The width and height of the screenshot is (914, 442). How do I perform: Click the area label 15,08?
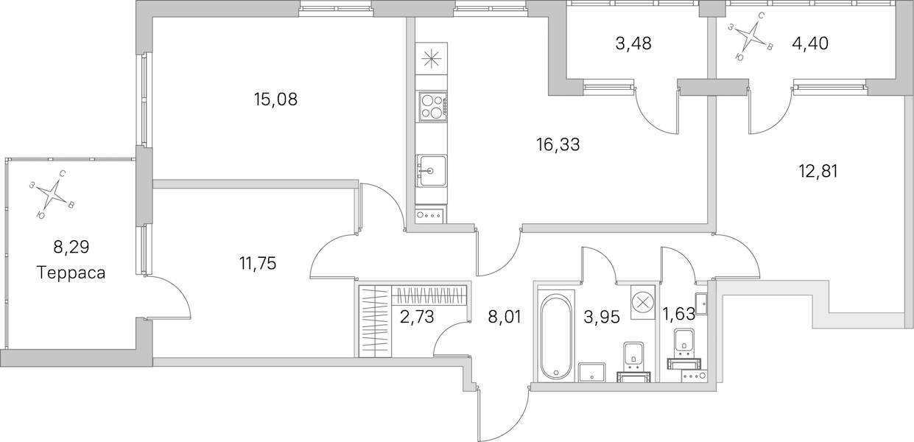pyautogui.click(x=276, y=99)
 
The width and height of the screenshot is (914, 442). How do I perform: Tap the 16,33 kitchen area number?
pyautogui.click(x=558, y=144)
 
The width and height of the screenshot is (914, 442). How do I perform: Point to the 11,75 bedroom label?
pyautogui.click(x=258, y=264)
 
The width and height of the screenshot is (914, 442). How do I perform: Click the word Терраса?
pyautogui.click(x=71, y=273)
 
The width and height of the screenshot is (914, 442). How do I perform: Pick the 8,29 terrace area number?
pyautogui.click(x=71, y=247)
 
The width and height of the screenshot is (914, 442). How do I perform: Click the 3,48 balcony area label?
pyautogui.click(x=633, y=43)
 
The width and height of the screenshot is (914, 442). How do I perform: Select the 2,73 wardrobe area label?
pyautogui.click(x=417, y=317)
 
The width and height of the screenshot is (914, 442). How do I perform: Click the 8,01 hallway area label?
pyautogui.click(x=505, y=317)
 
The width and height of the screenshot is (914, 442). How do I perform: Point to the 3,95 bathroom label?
pyautogui.click(x=602, y=317)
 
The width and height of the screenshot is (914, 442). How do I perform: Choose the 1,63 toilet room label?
pyautogui.click(x=678, y=314)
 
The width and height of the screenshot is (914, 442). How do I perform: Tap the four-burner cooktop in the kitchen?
pyautogui.click(x=432, y=106)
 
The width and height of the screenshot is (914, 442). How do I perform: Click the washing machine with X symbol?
pyautogui.click(x=643, y=302)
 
